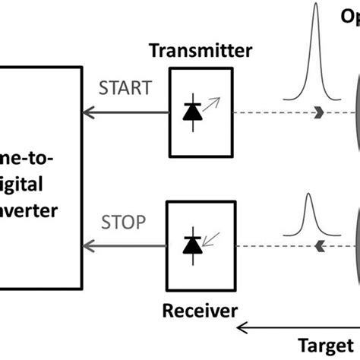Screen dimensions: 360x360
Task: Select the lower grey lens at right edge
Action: [x=355, y=243]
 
